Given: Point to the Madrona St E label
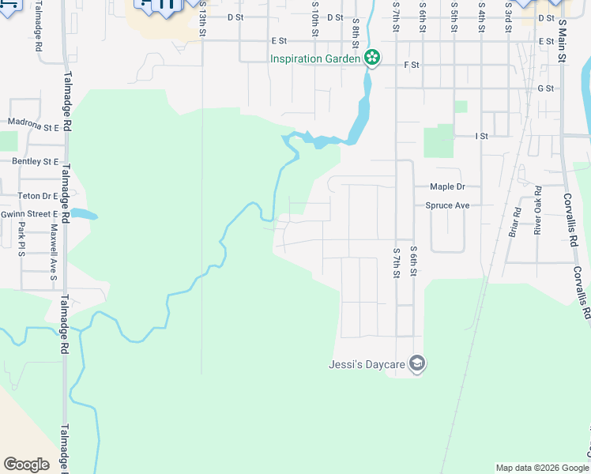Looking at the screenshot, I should (34, 125).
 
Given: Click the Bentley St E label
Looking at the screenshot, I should (35, 161).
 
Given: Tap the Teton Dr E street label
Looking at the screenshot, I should (37, 196).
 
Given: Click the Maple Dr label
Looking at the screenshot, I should (447, 187).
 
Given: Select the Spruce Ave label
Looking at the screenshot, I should (447, 205).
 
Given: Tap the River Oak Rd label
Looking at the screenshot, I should (537, 209).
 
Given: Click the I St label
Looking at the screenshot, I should (481, 137).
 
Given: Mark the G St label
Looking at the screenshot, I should (545, 89).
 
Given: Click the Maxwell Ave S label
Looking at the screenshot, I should (54, 251).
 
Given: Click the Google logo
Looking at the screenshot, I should (26, 465).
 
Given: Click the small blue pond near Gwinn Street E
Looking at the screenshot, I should (83, 214).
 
